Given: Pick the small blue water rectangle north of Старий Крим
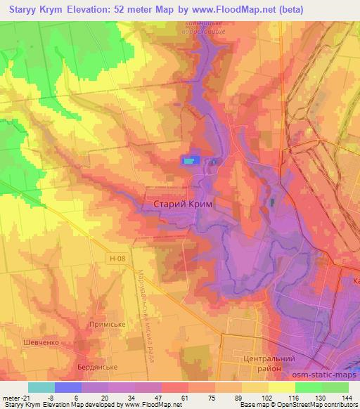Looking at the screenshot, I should [x=190, y=161].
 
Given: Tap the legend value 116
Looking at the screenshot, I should [x=293, y=398].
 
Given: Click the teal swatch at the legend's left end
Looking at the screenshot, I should [x=41, y=387].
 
